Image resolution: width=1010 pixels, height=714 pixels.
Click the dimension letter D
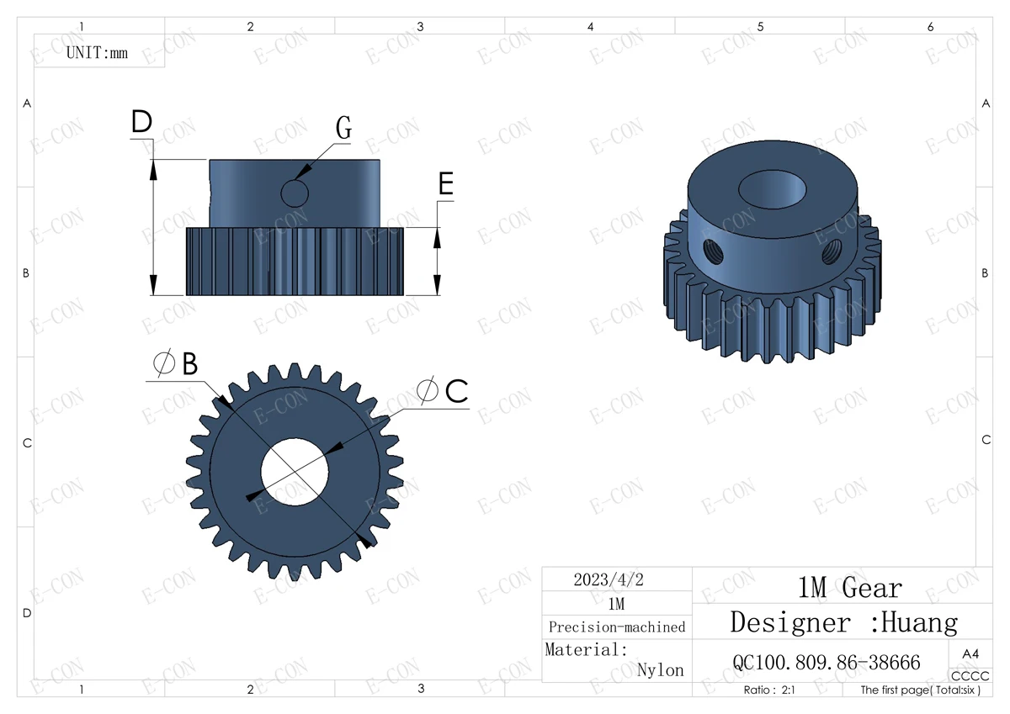[x=141, y=121]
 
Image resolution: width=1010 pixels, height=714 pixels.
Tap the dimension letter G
[x=343, y=128]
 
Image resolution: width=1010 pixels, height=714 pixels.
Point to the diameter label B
[x=176, y=362]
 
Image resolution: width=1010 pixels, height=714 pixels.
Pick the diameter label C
[x=443, y=390]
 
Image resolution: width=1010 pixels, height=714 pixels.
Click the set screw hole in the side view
[x=295, y=193]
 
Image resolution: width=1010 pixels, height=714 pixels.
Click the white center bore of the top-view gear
[x=295, y=472]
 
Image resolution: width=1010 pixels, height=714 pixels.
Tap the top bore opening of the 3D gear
[x=772, y=189]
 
